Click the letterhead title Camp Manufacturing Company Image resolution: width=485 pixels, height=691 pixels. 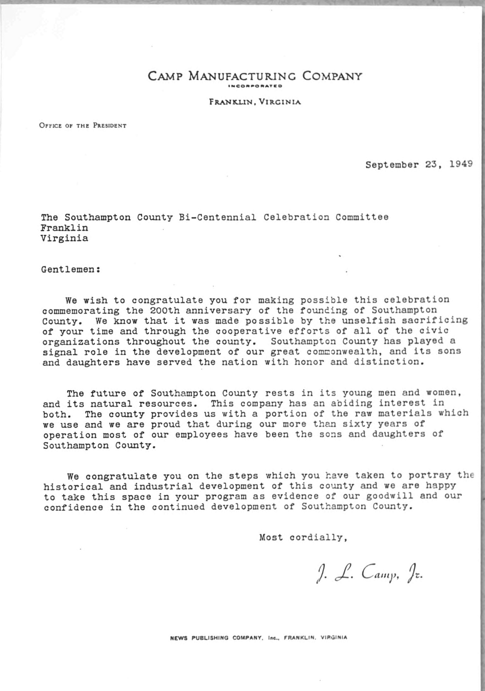(255, 76)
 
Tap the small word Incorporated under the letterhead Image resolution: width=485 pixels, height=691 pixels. (255, 86)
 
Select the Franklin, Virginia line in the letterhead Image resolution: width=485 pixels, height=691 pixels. (255, 102)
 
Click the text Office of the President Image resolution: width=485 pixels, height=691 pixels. (83, 125)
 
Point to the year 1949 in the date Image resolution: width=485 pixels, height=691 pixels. (461, 165)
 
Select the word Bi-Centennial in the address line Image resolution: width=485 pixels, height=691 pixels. (217, 217)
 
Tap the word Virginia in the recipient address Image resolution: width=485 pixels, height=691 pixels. (64, 239)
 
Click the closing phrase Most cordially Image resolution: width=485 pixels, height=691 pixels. (303, 538)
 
